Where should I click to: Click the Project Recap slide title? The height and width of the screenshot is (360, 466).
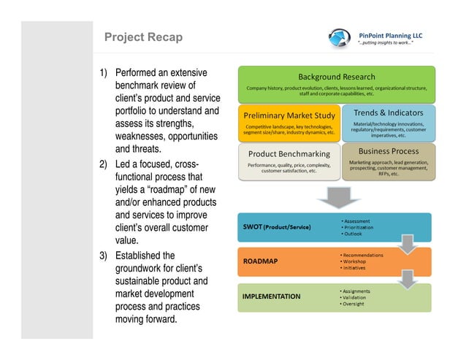pos(143,37)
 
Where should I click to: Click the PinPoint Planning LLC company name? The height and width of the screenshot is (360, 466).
pos(391,34)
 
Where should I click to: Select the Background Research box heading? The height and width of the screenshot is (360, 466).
pos(336,77)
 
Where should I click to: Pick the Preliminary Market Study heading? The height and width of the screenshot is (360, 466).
pos(290,115)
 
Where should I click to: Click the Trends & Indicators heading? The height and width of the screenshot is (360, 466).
pos(389,113)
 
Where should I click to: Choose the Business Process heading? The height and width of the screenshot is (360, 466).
pos(389,151)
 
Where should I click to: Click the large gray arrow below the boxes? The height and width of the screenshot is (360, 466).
pos(335,196)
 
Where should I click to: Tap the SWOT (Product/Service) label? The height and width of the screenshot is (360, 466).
pos(277,227)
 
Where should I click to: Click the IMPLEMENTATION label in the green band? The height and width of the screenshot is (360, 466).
pos(271,296)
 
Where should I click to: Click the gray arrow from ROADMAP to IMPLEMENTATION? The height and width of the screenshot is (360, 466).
pos(409,278)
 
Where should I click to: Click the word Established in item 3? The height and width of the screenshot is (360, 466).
pos(145,256)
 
